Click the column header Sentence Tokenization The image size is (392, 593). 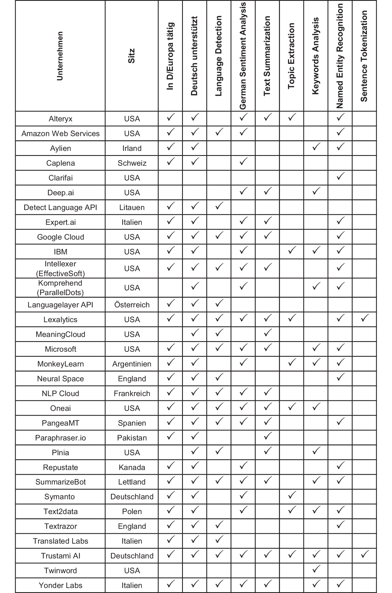pyautogui.click(x=364, y=56)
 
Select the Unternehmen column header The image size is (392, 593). pyautogui.click(x=60, y=56)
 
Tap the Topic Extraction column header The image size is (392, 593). pyautogui.click(x=291, y=56)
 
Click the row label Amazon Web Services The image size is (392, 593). pyautogui.click(x=61, y=134)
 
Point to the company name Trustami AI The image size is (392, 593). pyautogui.click(x=61, y=556)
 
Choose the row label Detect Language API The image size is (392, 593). pyautogui.click(x=61, y=208)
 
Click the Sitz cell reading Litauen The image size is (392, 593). pyautogui.click(x=132, y=208)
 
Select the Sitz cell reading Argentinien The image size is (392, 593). pyautogui.click(x=132, y=364)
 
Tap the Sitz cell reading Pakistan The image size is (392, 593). pyautogui.click(x=132, y=438)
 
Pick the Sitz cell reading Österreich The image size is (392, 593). pyautogui.click(x=132, y=305)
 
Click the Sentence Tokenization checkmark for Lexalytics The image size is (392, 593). pyautogui.click(x=364, y=318)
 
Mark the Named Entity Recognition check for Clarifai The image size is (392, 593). pyautogui.click(x=340, y=176)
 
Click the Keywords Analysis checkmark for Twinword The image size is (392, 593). pyautogui.click(x=316, y=569)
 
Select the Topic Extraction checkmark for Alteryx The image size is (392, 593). pyautogui.click(x=291, y=117)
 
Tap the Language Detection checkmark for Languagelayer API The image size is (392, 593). pyautogui.click(x=219, y=303)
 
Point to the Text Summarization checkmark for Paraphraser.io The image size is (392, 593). pyautogui.click(x=267, y=436)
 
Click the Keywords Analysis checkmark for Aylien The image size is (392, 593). pyautogui.click(x=316, y=147)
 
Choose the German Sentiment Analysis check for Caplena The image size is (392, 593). pyautogui.click(x=243, y=161)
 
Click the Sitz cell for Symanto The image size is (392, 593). pyautogui.click(x=132, y=497)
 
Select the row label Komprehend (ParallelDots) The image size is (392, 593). pyautogui.click(x=61, y=288)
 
